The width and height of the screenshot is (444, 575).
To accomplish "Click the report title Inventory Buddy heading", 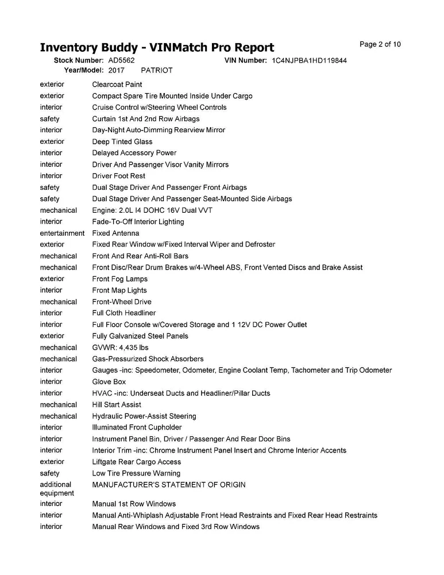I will [157, 47].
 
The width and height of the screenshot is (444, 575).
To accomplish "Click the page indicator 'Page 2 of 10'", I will [380, 44].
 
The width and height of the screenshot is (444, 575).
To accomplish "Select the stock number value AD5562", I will [121, 60].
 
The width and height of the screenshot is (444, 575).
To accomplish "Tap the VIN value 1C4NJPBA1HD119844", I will [308, 60].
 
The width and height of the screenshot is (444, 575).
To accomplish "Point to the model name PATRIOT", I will [156, 70].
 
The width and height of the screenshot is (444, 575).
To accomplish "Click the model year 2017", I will [117, 70].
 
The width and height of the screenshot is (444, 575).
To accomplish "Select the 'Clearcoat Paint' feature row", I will [117, 85].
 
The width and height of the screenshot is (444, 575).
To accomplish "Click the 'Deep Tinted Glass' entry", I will [122, 141].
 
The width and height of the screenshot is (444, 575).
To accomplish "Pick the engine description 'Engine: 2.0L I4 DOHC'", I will [152, 210].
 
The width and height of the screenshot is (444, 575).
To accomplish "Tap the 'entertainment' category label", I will [62, 233].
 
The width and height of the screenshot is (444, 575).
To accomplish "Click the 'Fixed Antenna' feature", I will [115, 233].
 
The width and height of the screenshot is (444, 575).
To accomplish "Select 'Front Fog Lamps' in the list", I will [119, 279].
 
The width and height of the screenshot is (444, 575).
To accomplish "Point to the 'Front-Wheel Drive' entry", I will [122, 302].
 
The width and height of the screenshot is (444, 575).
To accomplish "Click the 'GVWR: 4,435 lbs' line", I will [120, 348].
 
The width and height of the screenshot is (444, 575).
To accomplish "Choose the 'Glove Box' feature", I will [109, 382].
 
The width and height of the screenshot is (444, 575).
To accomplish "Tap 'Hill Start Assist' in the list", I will [117, 405].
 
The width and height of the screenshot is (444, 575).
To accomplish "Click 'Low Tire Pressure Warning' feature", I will [136, 474].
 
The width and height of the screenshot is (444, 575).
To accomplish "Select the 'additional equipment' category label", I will [57, 489].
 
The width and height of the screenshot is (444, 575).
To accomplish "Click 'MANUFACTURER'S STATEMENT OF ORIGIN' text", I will [169, 485].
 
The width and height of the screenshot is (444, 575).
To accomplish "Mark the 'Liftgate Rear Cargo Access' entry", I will [137, 462].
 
